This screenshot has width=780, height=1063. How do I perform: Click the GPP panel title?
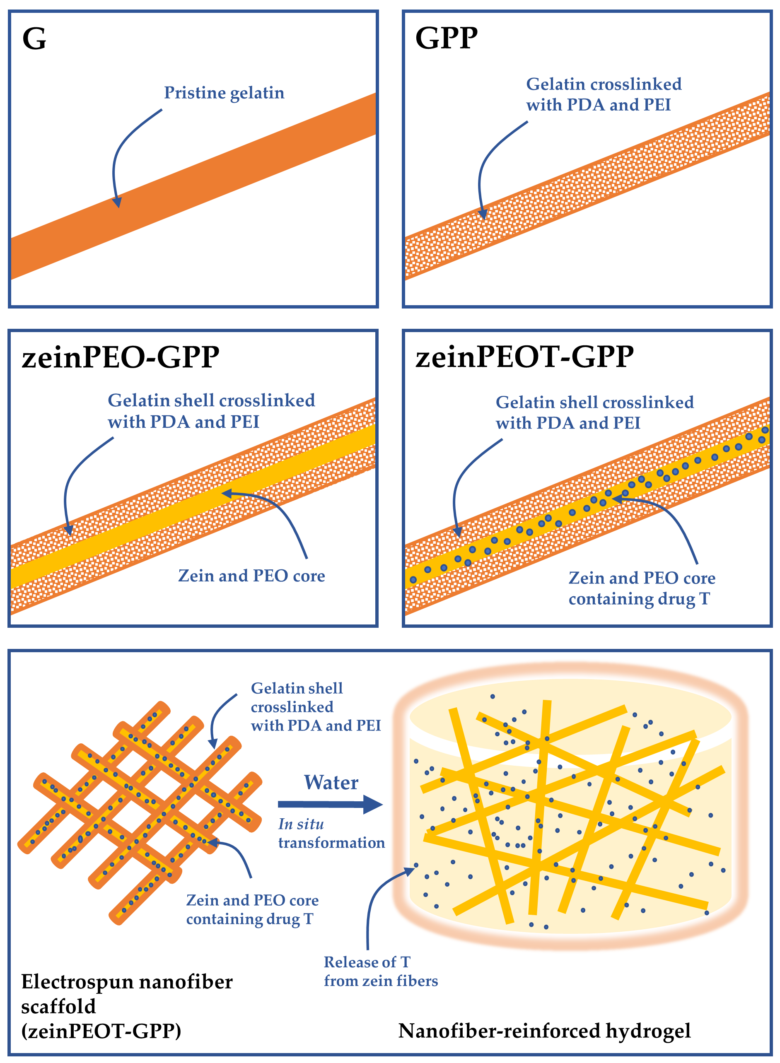click(446, 38)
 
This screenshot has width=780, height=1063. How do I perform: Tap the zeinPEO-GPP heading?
click(121, 357)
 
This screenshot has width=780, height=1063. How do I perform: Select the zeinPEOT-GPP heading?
click(524, 357)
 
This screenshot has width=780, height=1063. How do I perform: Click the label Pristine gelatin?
click(224, 93)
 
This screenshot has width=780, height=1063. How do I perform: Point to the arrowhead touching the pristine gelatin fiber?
click(117, 202)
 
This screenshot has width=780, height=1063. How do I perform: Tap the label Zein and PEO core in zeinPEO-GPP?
click(251, 576)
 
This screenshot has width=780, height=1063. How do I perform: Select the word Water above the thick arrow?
click(331, 783)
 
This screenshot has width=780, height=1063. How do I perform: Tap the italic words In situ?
click(301, 824)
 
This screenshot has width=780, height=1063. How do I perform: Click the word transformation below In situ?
click(331, 843)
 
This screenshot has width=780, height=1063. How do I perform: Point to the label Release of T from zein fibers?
click(380, 971)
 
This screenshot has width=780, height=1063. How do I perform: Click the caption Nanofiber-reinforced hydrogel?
click(544, 1031)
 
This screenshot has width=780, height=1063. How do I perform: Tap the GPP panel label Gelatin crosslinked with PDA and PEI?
click(603, 94)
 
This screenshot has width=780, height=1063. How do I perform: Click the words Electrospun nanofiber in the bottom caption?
click(126, 982)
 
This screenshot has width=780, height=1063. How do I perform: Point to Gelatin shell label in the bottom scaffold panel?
click(297, 688)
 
